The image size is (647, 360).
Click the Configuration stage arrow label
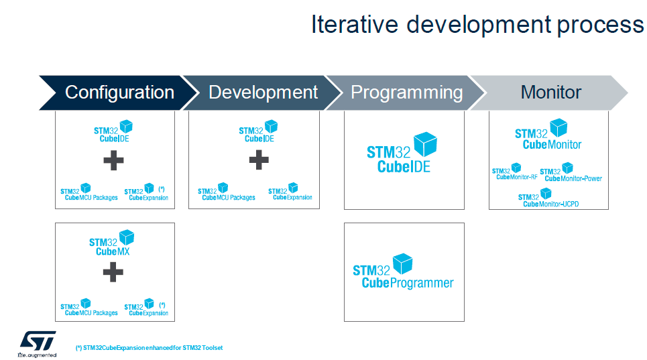click(x=119, y=93)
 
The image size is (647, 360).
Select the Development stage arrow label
click(x=263, y=93)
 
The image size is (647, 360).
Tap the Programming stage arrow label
click(x=407, y=93)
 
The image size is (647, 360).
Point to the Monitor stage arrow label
click(x=551, y=92)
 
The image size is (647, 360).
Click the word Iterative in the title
click(x=355, y=24)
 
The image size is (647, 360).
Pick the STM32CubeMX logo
click(x=112, y=243)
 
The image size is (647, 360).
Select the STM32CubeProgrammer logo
click(x=403, y=272)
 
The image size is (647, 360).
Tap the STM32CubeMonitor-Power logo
click(x=571, y=172)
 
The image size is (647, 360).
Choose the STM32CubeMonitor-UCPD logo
click(x=548, y=198)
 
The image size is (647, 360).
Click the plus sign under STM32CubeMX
click(x=113, y=272)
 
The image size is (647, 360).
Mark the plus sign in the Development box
click(x=259, y=160)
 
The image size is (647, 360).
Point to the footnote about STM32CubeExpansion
click(x=149, y=348)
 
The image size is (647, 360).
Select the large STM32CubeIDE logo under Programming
click(x=402, y=153)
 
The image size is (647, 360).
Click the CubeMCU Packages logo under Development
click(x=227, y=192)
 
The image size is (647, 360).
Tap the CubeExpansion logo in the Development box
click(x=290, y=192)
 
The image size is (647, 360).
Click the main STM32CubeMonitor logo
click(x=548, y=135)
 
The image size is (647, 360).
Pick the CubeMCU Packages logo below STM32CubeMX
click(x=89, y=308)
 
